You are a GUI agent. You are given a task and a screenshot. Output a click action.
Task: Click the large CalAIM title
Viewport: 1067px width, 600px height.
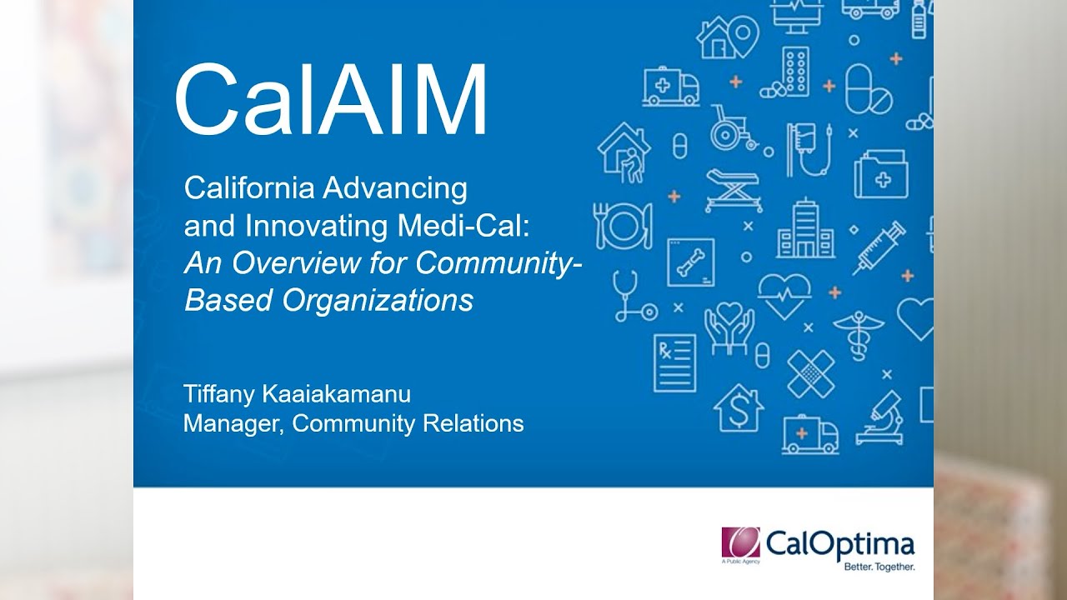pos(330,100)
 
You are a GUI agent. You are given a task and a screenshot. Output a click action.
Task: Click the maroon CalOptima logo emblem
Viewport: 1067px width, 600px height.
pos(740,544)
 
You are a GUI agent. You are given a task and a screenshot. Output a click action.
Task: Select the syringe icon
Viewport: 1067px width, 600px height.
pos(878,247)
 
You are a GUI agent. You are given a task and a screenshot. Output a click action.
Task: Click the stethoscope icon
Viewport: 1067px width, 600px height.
pos(632,297)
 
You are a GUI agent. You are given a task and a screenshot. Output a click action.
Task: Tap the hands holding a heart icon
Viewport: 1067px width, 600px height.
pos(729,327)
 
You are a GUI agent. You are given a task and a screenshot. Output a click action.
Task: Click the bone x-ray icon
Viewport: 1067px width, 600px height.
pos(690,262)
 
